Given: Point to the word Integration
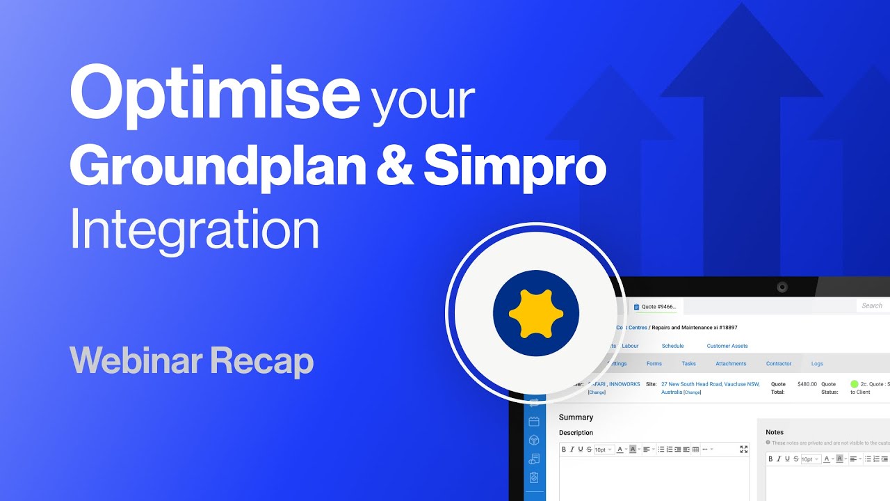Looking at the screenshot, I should [x=194, y=230].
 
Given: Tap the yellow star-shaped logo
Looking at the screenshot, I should [x=535, y=313].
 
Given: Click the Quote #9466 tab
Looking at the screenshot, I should [x=658, y=306].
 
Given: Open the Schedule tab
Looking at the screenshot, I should [x=672, y=346].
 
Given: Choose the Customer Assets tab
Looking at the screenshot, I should [x=727, y=346].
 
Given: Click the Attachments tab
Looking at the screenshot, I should [x=731, y=364].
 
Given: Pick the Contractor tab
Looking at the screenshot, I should [x=779, y=364].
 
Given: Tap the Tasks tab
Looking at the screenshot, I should [x=688, y=364].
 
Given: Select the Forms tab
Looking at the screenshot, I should [x=654, y=364].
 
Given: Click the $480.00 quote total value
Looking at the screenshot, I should [x=807, y=384].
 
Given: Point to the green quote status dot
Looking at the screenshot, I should [x=855, y=384].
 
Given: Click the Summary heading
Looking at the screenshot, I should [x=576, y=417].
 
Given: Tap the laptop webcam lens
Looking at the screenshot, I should [x=782, y=287].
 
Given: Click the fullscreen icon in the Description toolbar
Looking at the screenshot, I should [x=743, y=450].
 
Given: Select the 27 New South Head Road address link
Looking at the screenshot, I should [x=710, y=384].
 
